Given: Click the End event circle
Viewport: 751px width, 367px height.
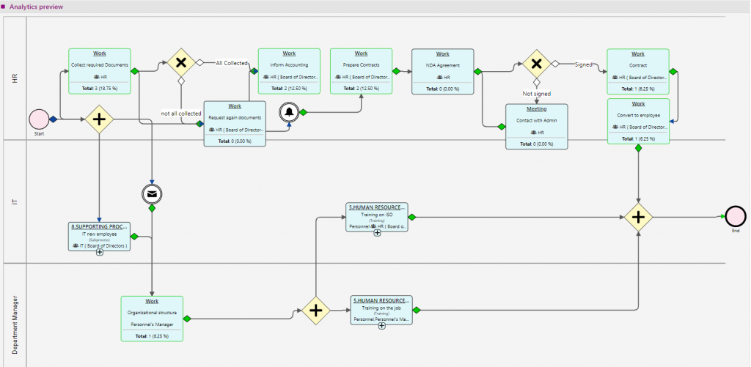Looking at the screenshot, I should (x=736, y=216).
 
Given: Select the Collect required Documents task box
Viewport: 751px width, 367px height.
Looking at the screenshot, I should (x=99, y=71).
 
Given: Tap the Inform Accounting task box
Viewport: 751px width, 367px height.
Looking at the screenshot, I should (x=289, y=71).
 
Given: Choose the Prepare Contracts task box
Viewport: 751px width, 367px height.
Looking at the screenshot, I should (x=361, y=71).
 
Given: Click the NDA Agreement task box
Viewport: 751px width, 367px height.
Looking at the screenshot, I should (x=442, y=71).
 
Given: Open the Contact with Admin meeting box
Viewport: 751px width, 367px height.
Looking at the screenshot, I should (x=536, y=127).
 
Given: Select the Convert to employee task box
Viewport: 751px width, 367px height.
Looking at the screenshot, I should (x=638, y=121).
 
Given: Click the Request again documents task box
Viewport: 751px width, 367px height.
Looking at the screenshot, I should (x=234, y=123).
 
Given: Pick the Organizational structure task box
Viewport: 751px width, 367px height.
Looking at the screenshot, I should (x=152, y=318).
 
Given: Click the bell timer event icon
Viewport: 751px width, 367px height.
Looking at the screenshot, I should (x=290, y=112).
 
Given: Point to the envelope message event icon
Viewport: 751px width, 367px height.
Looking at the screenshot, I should (x=151, y=194).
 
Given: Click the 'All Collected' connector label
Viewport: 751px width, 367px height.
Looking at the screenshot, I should (x=231, y=63).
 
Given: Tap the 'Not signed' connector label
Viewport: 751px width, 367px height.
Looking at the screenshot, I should (x=536, y=94).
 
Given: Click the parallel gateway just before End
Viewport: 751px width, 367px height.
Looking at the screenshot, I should (x=639, y=217).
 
